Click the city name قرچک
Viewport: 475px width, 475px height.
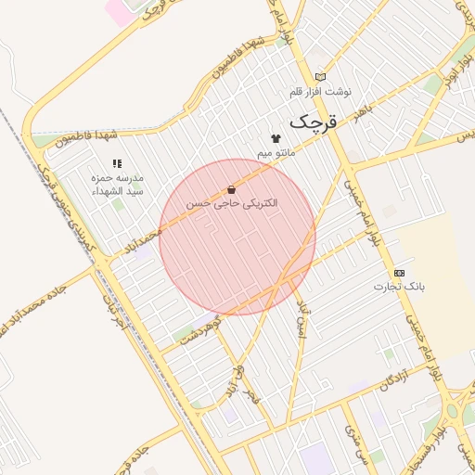(315, 121)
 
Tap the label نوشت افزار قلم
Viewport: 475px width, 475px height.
(321, 93)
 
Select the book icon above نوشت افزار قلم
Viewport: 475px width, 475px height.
(321, 77)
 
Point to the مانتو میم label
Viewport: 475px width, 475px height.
(276, 151)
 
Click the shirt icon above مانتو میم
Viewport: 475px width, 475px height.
(276, 138)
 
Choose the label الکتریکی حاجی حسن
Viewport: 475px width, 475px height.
(232, 203)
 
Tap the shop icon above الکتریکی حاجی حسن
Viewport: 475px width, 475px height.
(231, 189)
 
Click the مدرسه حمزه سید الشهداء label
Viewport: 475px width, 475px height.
(118, 183)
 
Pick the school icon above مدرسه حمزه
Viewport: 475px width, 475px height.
(117, 162)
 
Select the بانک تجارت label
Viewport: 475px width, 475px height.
(399, 287)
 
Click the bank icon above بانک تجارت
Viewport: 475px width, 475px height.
(399, 273)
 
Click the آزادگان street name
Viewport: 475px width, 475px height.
(394, 380)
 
